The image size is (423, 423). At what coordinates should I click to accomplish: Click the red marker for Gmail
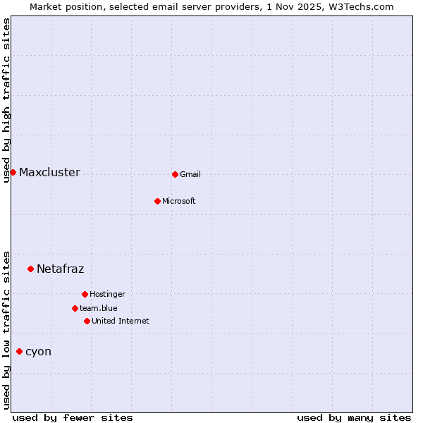[x=175, y=174]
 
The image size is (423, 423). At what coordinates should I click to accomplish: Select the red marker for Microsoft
[x=157, y=201]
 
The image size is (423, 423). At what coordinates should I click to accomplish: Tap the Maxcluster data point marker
[x=13, y=172]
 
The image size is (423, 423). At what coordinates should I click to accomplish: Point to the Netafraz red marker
[x=30, y=269]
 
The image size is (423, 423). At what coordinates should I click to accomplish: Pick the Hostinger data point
[x=85, y=294]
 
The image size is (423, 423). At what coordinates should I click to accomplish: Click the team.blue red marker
[x=75, y=308]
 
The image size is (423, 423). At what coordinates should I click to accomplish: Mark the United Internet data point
[x=87, y=321]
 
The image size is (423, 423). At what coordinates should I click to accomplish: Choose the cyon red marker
[x=19, y=351]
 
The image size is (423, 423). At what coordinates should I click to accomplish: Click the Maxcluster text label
[x=49, y=173]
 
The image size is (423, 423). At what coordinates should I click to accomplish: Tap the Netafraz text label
[x=60, y=269]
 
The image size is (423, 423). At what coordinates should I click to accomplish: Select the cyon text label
[x=38, y=352]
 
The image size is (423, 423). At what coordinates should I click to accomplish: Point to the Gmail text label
[x=190, y=175]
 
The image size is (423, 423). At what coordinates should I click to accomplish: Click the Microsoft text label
[x=178, y=202]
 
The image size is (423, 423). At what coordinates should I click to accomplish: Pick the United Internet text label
[x=120, y=321]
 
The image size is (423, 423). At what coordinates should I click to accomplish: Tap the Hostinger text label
[x=107, y=295]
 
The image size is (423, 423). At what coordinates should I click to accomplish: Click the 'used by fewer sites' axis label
[x=73, y=417]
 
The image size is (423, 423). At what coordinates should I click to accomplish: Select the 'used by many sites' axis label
[x=354, y=417]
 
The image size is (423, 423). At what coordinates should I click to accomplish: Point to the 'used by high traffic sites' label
[x=7, y=100]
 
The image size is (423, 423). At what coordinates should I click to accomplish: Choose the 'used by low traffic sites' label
[x=7, y=330]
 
